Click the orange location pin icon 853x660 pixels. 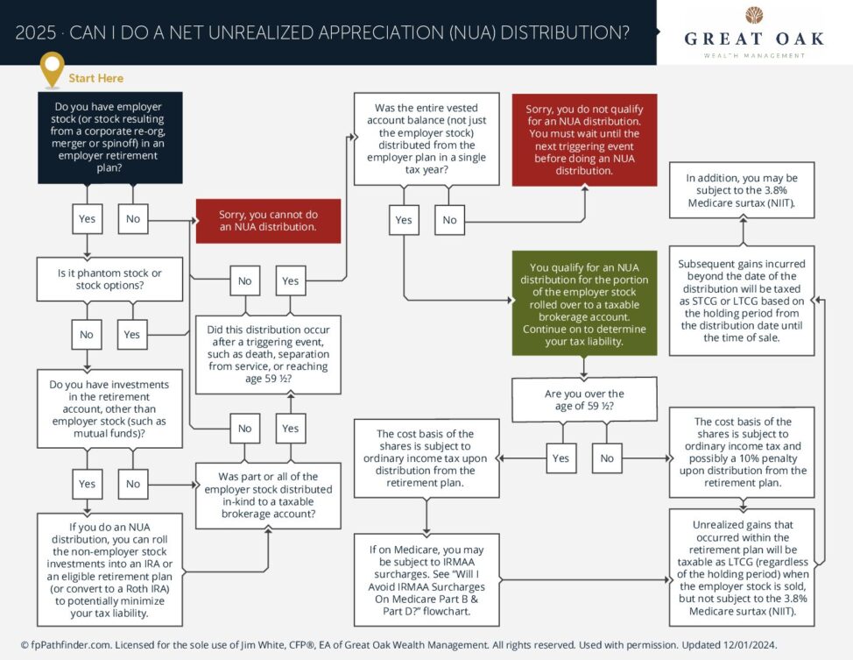coord(53,69)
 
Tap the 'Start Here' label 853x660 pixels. coord(95,78)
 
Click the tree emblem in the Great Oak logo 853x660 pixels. coord(754,15)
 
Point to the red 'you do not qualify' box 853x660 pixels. coord(584,139)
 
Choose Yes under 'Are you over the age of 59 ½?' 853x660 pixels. coord(560,458)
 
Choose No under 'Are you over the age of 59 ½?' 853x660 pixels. coord(607,458)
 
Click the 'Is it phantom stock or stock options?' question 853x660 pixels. coord(109,279)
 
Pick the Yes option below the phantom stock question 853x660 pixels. coord(132,334)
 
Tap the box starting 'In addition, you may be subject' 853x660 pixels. coord(742,189)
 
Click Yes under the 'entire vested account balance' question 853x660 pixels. coord(403,219)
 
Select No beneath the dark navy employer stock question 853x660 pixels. coord(132,218)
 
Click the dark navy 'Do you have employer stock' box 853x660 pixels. coord(109,138)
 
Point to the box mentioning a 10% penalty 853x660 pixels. coord(742,451)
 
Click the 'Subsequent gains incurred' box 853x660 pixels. coord(742,300)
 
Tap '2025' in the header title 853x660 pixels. coord(35,33)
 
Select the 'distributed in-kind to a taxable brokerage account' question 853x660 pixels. coord(268,495)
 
